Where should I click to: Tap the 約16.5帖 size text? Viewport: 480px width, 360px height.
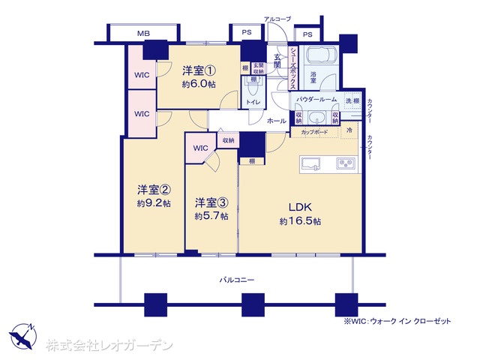[x=301, y=221]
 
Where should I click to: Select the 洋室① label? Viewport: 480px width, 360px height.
[x=199, y=71]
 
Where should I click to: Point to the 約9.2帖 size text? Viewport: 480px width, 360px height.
[x=153, y=203]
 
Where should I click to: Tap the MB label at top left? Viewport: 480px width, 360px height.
[x=142, y=34]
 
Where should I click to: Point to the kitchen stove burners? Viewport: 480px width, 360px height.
[x=345, y=163]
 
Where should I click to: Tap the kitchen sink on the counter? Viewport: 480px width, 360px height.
[x=312, y=163]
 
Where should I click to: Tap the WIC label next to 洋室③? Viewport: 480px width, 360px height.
[x=200, y=148]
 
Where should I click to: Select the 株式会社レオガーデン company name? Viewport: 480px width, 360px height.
[x=109, y=346]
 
